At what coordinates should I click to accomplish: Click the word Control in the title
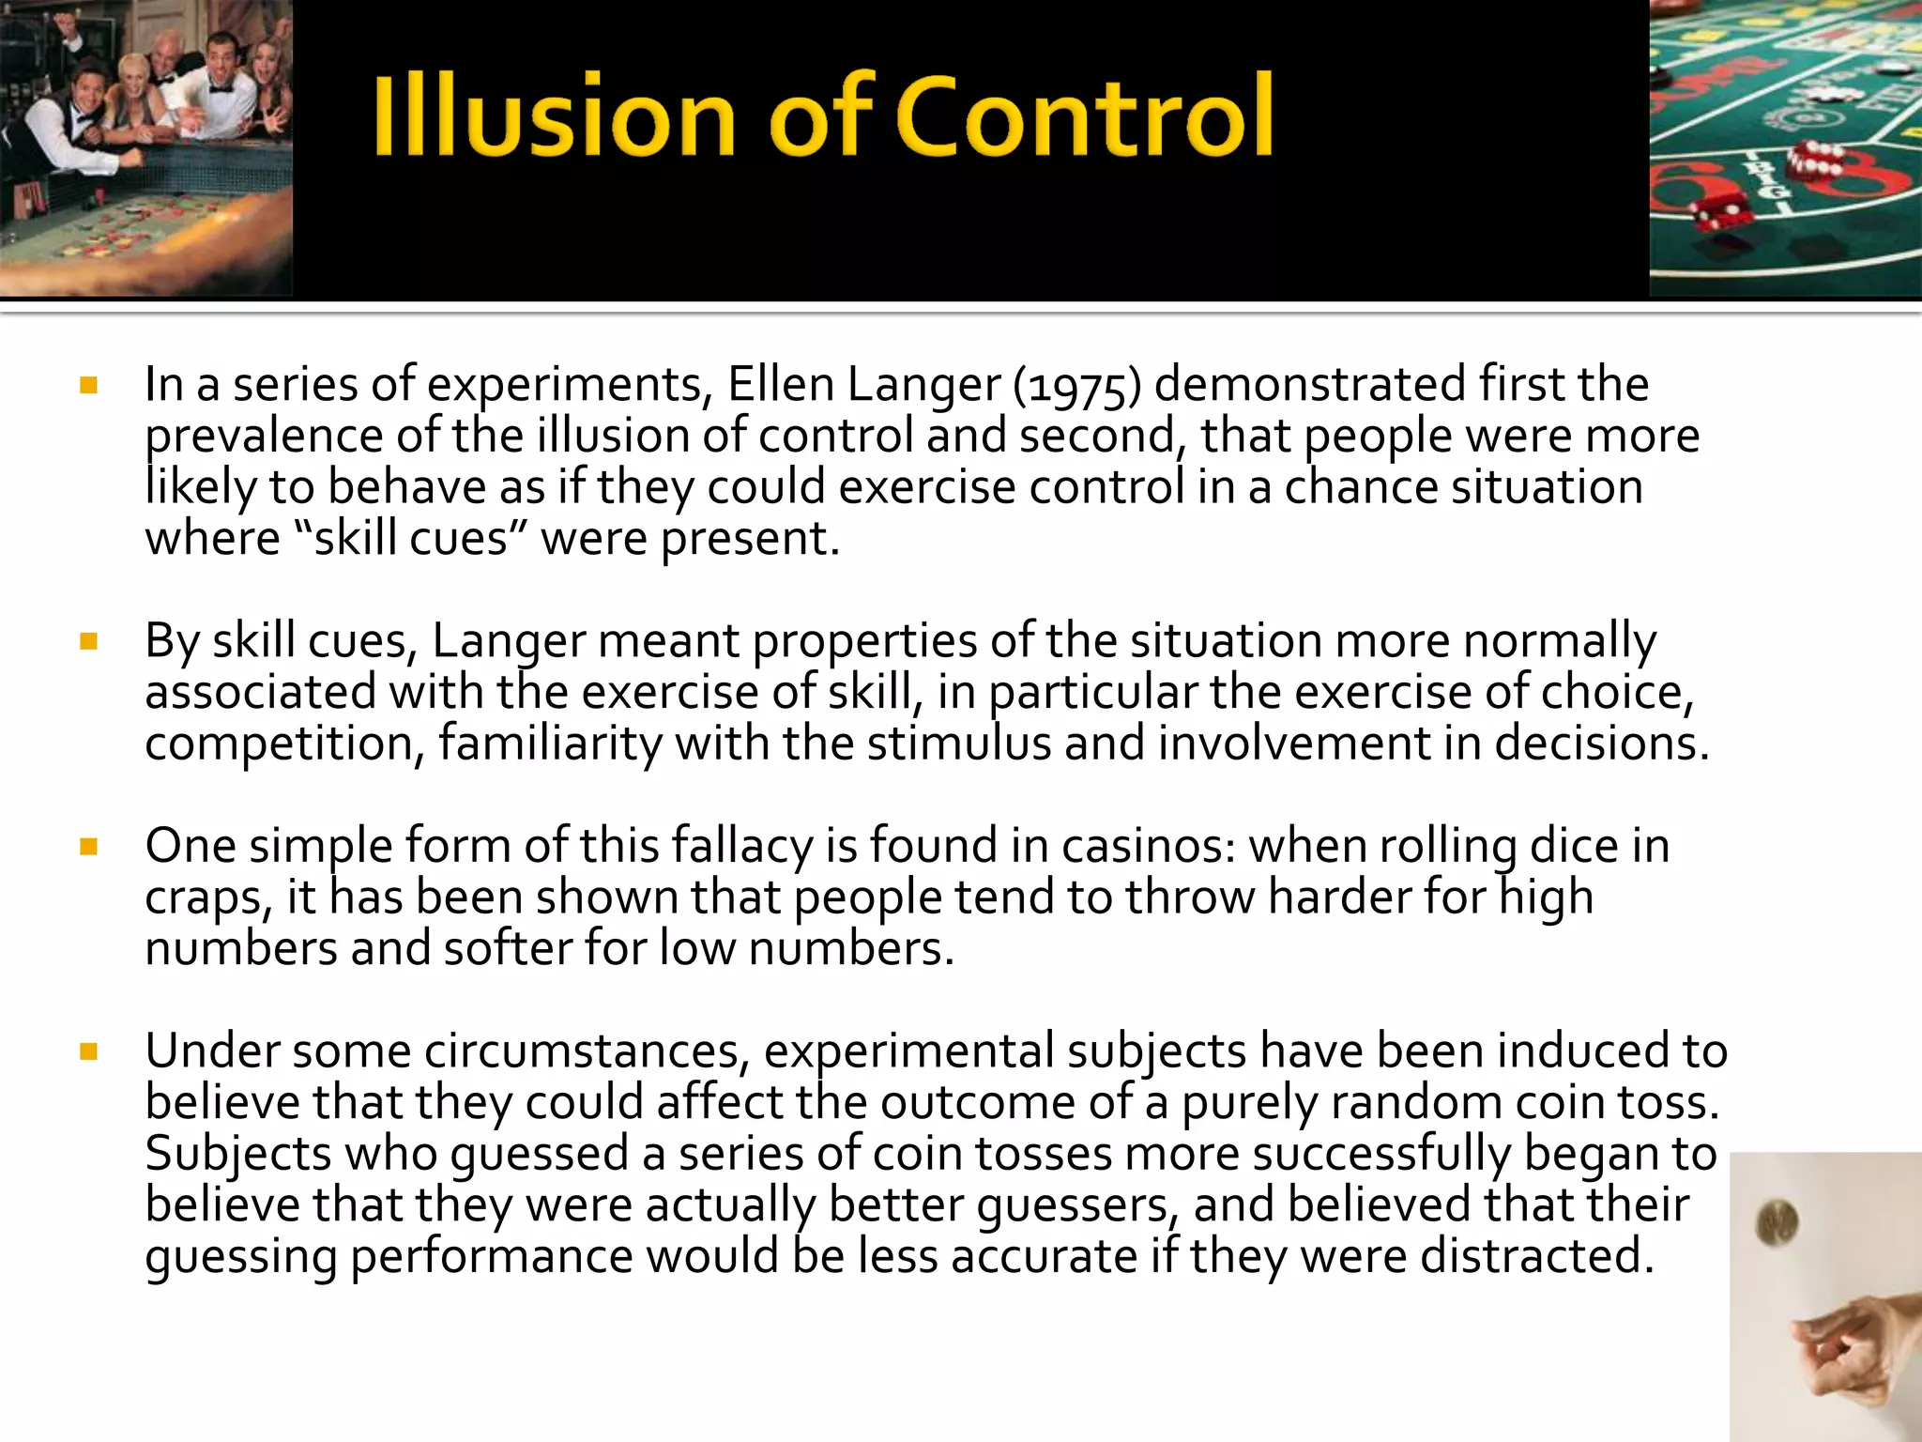[1085, 115]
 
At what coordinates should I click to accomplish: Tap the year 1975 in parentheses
[1077, 386]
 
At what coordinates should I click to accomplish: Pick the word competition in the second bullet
[279, 744]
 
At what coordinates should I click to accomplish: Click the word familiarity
[550, 744]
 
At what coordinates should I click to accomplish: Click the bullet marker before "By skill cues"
[89, 642]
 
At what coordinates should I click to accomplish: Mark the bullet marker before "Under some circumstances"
[89, 1051]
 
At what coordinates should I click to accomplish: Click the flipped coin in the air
[1777, 1223]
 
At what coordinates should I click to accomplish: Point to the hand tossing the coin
[1839, 1352]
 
